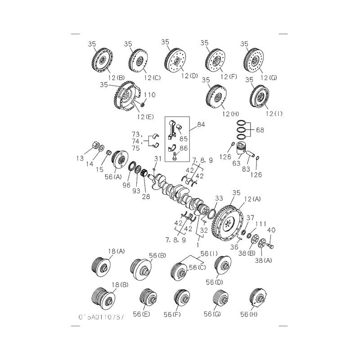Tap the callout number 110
(x=150, y=95)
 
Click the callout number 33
(x=219, y=198)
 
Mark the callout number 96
(x=126, y=184)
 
